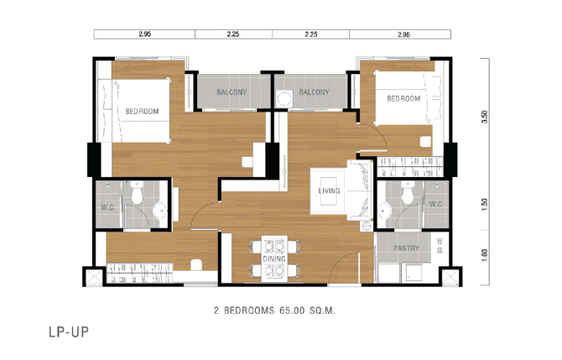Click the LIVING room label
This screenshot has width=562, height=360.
(x=329, y=190)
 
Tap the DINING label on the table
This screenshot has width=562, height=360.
(x=274, y=258)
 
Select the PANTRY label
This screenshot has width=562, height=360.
(x=407, y=248)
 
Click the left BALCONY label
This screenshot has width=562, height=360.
(x=232, y=92)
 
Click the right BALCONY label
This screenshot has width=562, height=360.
(x=314, y=92)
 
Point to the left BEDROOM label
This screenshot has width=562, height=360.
(x=142, y=112)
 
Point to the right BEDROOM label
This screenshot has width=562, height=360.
(x=403, y=99)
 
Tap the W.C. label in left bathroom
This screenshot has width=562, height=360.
(x=108, y=207)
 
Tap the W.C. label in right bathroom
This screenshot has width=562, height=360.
(x=436, y=204)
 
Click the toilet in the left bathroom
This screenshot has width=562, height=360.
(x=137, y=192)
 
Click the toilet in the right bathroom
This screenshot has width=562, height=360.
(x=408, y=192)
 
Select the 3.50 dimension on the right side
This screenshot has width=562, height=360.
(x=485, y=117)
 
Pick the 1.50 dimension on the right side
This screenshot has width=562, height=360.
(x=485, y=205)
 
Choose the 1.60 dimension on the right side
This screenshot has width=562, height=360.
(x=485, y=255)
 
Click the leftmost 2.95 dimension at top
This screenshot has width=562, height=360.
(x=144, y=34)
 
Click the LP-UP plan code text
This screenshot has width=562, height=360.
(x=69, y=332)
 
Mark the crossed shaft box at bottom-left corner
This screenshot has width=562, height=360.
(x=94, y=277)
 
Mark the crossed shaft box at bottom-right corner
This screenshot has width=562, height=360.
(x=450, y=277)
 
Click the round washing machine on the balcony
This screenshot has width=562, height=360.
(x=285, y=99)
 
